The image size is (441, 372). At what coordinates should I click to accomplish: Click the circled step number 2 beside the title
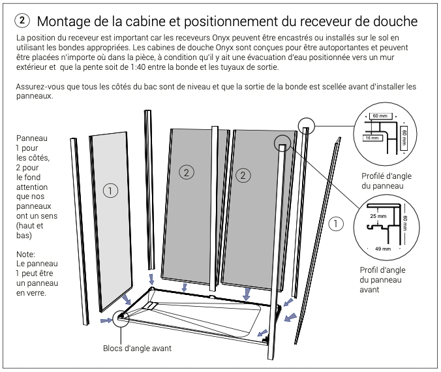click(22, 21)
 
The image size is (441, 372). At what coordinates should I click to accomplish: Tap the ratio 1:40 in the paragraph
click(138, 67)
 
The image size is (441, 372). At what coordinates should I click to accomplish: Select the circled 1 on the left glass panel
click(110, 191)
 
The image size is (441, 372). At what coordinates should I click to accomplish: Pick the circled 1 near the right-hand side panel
click(336, 224)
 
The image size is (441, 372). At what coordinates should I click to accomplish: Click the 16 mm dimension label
click(372, 138)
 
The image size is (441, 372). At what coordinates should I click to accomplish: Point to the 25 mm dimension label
click(378, 216)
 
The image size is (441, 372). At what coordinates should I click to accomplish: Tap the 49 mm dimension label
click(383, 249)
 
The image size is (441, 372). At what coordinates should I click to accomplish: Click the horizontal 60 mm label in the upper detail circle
click(380, 116)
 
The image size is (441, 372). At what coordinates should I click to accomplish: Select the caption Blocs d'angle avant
click(137, 349)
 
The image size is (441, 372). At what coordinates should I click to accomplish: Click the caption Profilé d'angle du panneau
click(386, 181)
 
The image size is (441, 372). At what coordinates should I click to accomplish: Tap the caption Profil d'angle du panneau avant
click(382, 280)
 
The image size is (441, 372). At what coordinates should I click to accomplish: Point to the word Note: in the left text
click(25, 255)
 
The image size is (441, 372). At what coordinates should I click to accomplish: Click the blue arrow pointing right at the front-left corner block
click(106, 320)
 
